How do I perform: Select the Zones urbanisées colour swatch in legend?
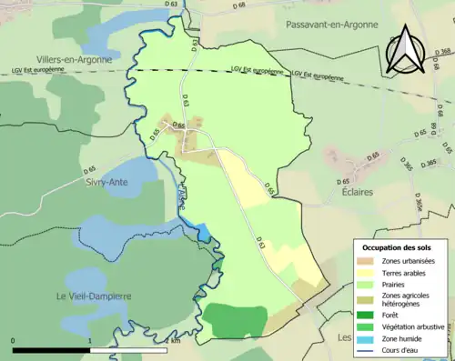point(369,262)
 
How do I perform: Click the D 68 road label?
point(238,6)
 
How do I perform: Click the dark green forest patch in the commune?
point(233,320)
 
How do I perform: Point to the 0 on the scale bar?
point(14,341)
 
